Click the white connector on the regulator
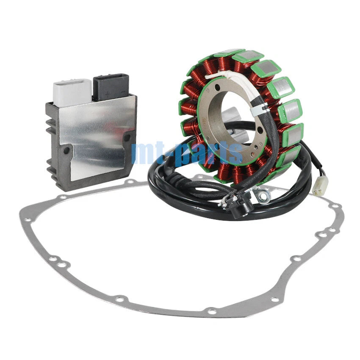(x=72, y=92)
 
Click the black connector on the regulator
(x=111, y=86)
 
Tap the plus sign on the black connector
(x=107, y=94)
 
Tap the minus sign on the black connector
(x=123, y=92)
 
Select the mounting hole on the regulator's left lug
(x=66, y=151)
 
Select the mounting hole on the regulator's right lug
(x=127, y=137)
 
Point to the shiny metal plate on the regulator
(x=97, y=133)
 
